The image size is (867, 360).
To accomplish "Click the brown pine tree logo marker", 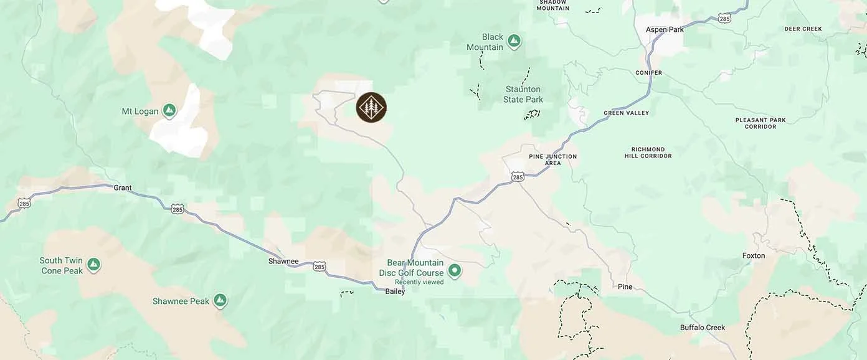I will coord(371,107).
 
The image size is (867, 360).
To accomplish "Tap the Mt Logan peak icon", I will coord(168,111).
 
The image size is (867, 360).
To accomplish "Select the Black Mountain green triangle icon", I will coord(513,41).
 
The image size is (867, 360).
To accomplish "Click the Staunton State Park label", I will coord(523,95).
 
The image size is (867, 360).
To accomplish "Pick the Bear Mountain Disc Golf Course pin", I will coord(455,270).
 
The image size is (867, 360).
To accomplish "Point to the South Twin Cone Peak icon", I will coord(93,265).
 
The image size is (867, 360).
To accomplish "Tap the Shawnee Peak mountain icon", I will coord(219,301).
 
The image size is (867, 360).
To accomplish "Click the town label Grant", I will coord(123,187).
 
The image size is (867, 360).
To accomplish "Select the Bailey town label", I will coord(395,291).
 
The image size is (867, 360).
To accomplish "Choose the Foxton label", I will coord(754,255).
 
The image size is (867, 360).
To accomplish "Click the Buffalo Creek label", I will coord(703,328).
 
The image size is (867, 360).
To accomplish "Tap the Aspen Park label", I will coord(665,29).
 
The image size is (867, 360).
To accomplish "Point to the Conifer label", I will coord(648,73).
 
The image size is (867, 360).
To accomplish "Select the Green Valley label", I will coord(626,113).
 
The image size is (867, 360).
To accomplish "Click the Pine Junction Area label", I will coord(552,159).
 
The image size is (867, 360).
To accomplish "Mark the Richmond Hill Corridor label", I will coord(651,153).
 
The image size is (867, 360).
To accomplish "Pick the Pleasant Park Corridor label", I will coord(760,123).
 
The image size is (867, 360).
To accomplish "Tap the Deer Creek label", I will coord(803,29).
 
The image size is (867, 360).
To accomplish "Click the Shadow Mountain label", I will coord(553,5).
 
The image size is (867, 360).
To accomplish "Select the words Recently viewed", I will coord(419,282).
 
